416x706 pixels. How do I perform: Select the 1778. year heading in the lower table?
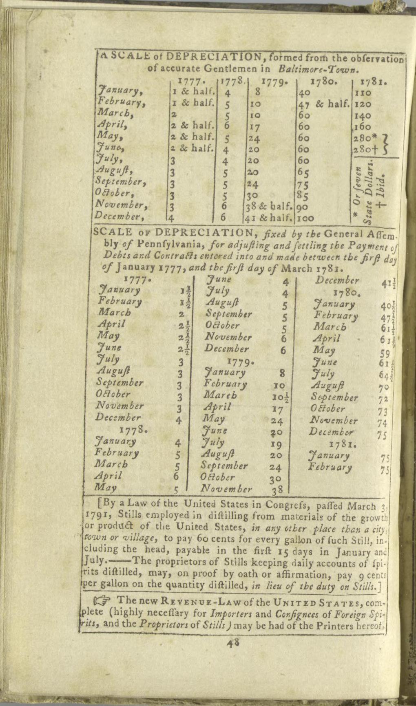133,429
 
